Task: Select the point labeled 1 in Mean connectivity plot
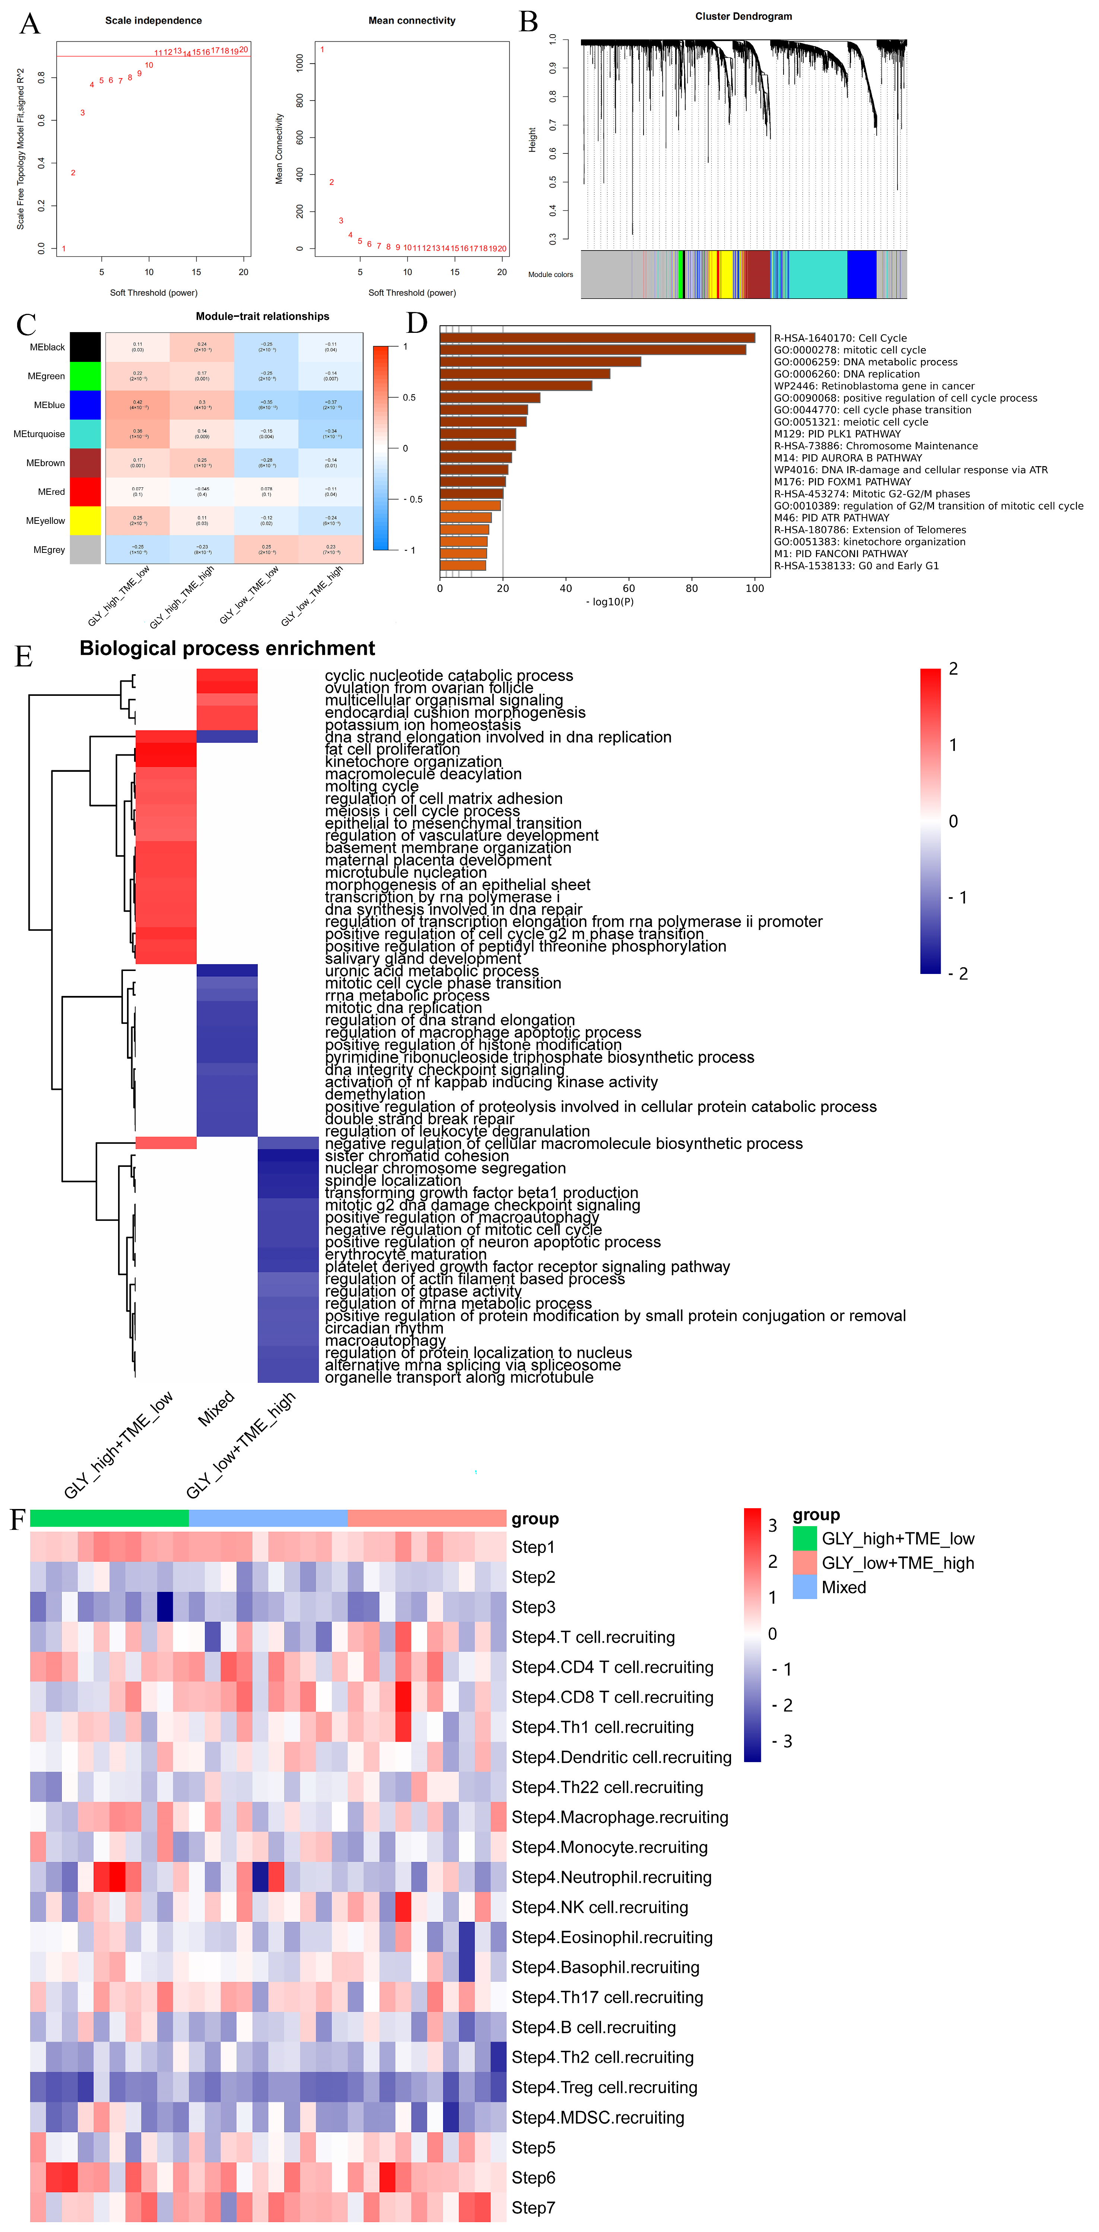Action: (323, 50)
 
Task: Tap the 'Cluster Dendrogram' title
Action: (743, 16)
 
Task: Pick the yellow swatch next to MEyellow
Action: (85, 521)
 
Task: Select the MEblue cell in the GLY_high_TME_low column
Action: (138, 405)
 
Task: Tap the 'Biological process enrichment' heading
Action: (227, 648)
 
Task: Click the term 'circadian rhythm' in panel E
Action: (384, 1328)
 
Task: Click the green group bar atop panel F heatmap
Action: (109, 1518)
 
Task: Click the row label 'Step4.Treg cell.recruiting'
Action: (604, 2087)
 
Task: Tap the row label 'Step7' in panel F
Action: (533, 2207)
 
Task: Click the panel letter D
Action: (417, 323)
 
